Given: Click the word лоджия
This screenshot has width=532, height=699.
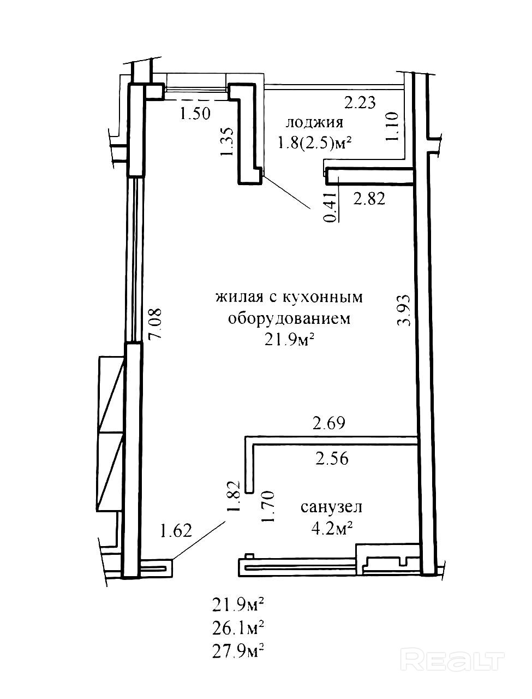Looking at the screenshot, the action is [x=314, y=123].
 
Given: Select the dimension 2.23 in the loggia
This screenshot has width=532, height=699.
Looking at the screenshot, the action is [x=361, y=103].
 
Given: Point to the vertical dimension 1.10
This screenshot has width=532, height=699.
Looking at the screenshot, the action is [x=392, y=126].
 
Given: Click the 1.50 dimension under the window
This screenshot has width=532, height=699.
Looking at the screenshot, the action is [x=195, y=113].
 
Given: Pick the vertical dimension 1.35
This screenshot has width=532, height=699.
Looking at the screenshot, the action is [x=228, y=141].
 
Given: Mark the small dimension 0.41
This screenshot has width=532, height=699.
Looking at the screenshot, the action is [x=331, y=208].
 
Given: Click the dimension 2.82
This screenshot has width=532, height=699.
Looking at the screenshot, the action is [x=369, y=199].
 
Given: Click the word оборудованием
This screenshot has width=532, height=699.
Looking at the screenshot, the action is [x=289, y=319].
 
